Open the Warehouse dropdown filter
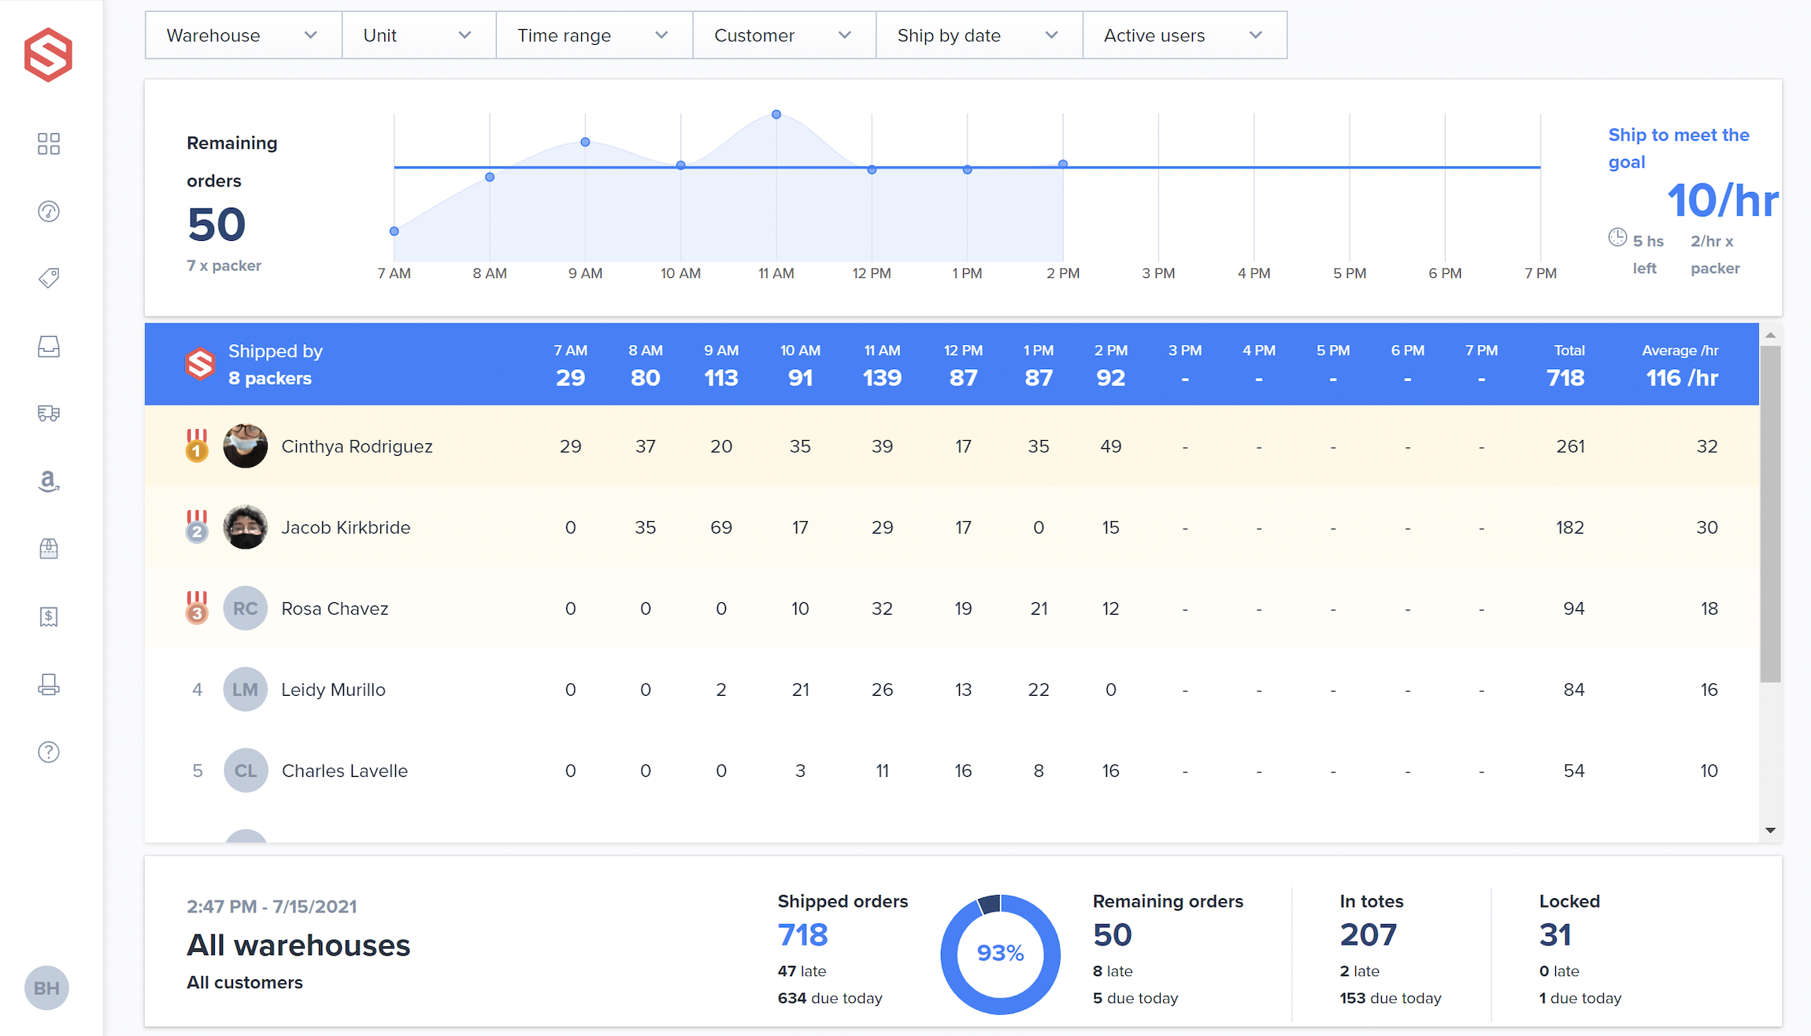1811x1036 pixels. coord(243,35)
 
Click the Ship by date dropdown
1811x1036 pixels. coord(978,35)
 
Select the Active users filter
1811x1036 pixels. coord(1183,35)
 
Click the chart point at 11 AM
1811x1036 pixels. coord(776,115)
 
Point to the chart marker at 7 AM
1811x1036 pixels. coord(394,231)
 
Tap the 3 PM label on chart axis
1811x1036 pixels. coord(1158,273)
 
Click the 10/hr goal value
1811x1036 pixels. coord(1722,201)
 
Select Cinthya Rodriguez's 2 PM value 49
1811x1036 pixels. coord(1110,446)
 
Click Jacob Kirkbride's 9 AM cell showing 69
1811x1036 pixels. coord(720,527)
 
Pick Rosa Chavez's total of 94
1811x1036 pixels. coord(1573,609)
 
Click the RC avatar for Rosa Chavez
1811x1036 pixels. coord(245,609)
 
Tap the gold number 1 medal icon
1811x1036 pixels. coord(197,446)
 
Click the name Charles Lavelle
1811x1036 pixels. coord(344,771)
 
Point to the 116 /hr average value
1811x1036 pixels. coord(1682,378)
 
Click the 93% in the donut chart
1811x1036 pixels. coord(1000,953)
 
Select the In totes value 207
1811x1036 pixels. coord(1368,934)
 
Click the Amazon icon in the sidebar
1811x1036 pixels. coord(49,480)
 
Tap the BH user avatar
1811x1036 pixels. coord(46,988)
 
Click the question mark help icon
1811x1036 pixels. coord(49,752)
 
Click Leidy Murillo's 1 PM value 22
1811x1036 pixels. coord(1039,690)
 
